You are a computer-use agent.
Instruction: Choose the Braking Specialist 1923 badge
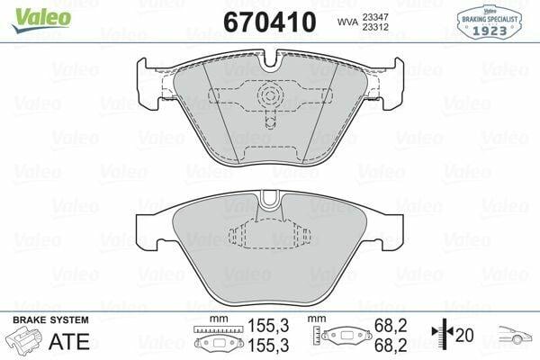tap(498, 20)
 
